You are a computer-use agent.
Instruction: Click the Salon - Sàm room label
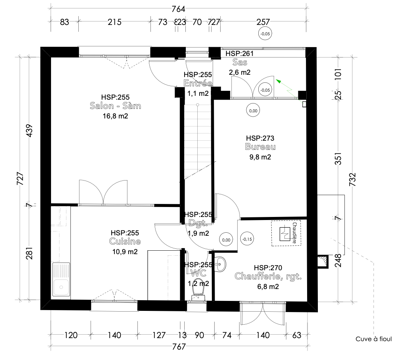pos(115,106)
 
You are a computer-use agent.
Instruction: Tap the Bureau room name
pos(260,147)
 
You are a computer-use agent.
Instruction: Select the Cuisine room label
pos(125,241)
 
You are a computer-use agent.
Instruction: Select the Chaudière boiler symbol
pos(286,233)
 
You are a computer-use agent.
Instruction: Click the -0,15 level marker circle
pos(247,239)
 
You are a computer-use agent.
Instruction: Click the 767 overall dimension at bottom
pos(179,347)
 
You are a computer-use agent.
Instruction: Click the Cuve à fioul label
pos(374,339)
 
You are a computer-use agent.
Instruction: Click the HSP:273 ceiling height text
pos(260,138)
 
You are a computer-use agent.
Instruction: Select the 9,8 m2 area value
pos(260,156)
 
